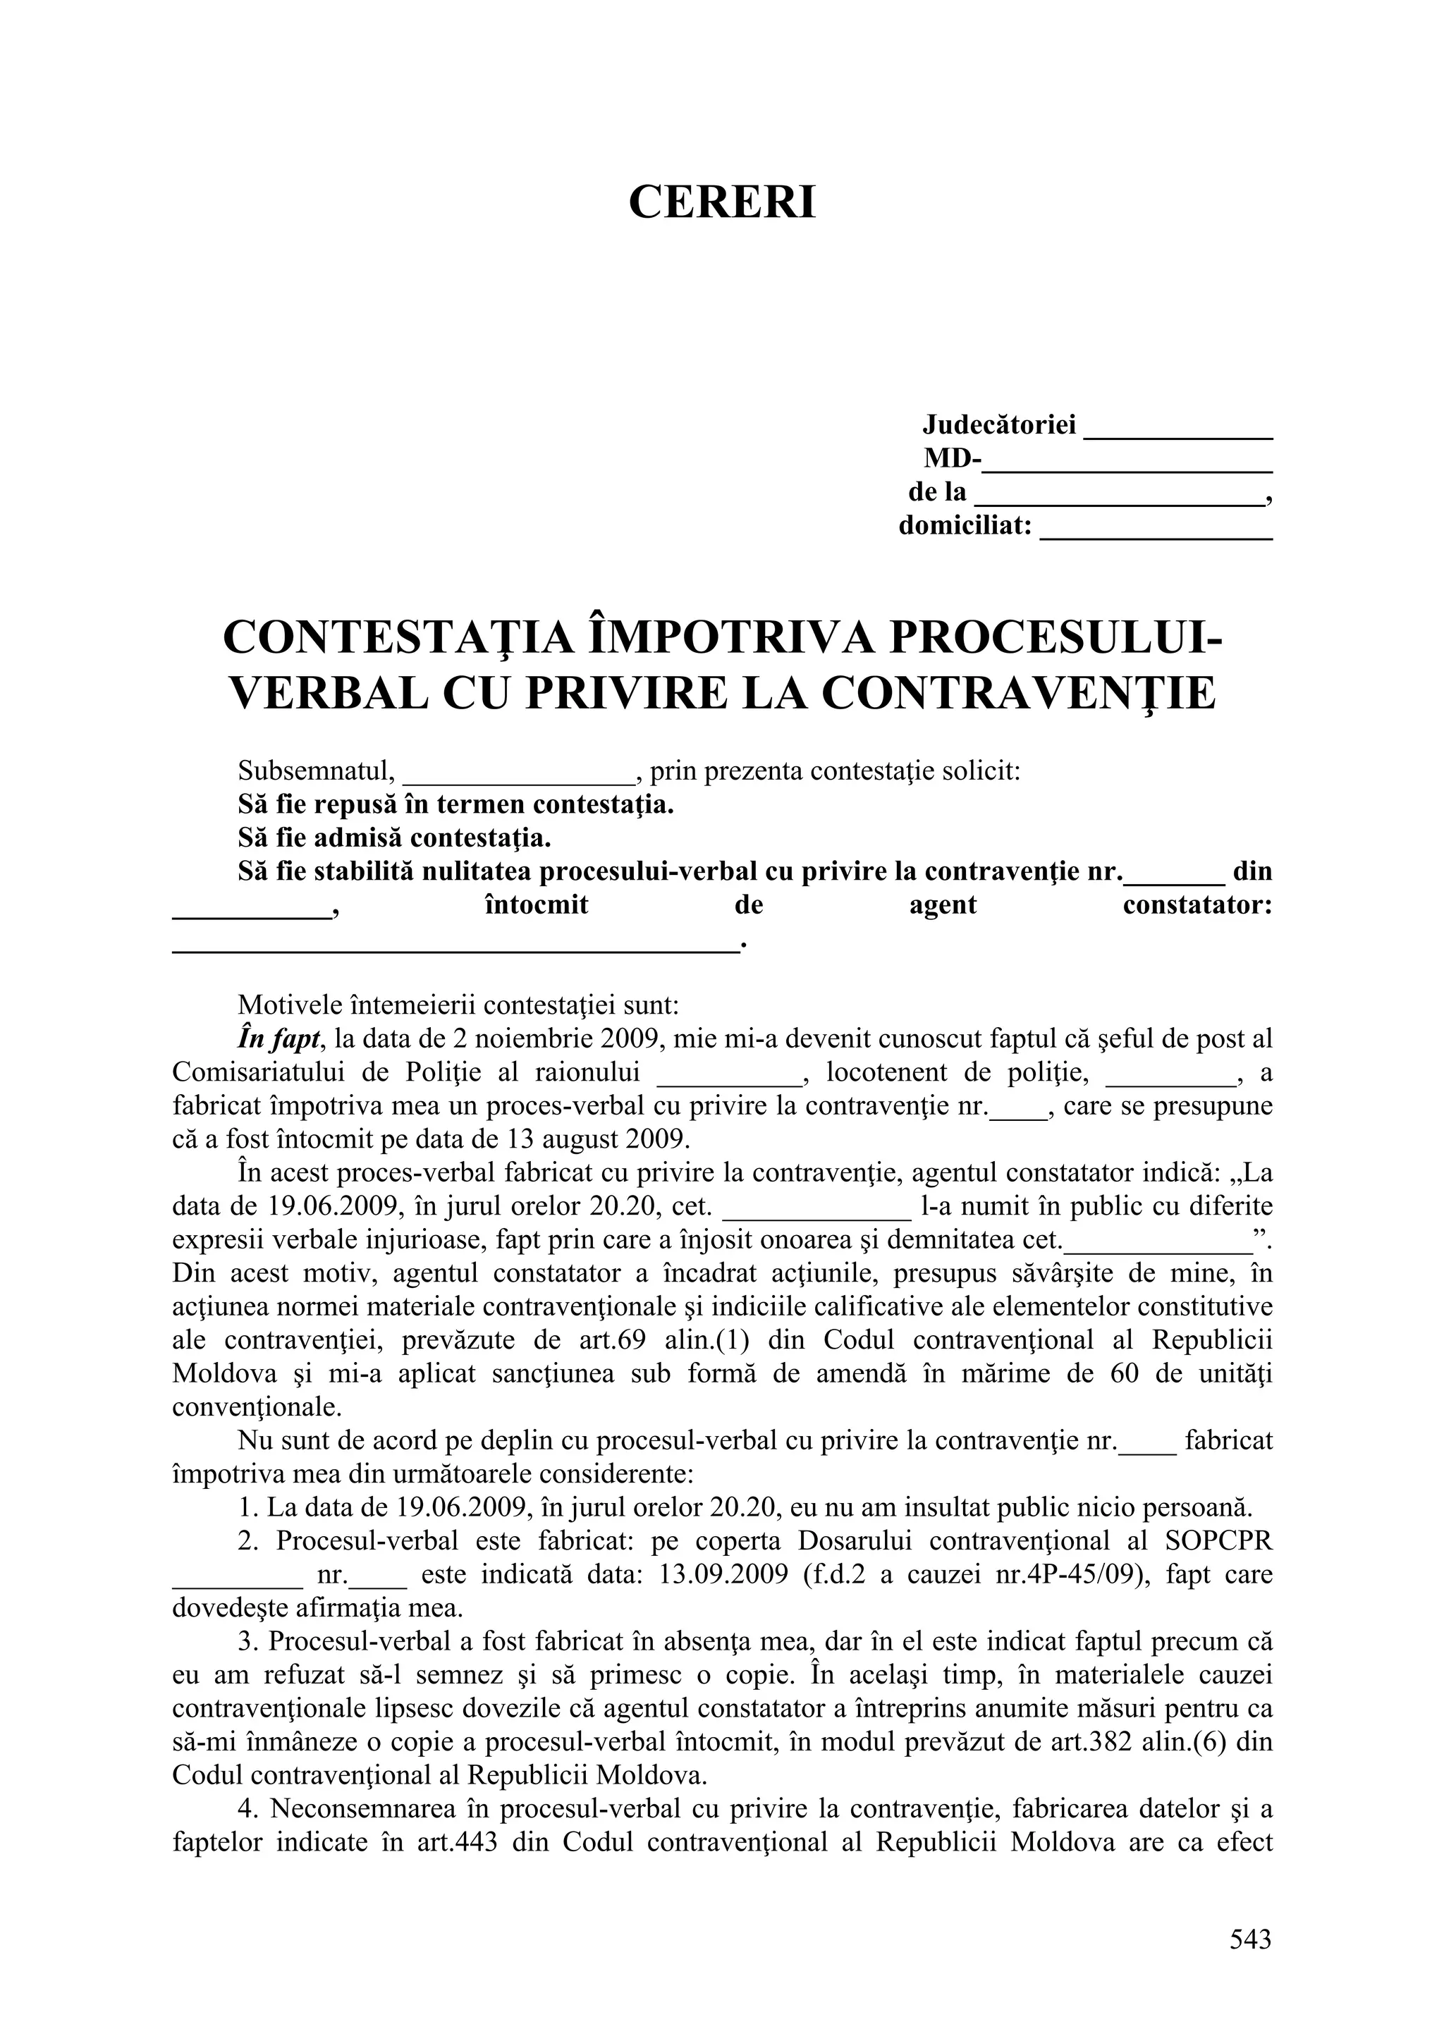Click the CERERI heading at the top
point(721,202)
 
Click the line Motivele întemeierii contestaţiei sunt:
point(458,1005)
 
